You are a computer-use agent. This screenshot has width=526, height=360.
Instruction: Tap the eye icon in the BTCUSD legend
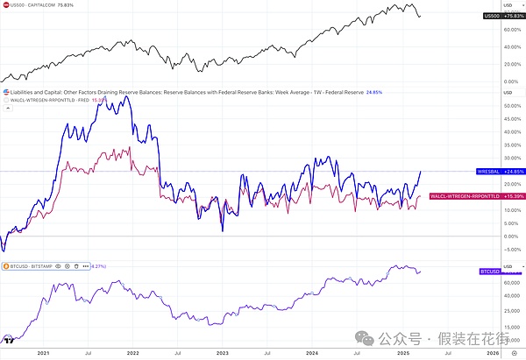[58, 265]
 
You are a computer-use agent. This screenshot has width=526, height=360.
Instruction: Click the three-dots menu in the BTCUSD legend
[87, 265]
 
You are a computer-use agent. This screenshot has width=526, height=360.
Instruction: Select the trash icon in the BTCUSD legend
[77, 265]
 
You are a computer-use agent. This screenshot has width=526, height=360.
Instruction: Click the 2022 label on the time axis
[133, 351]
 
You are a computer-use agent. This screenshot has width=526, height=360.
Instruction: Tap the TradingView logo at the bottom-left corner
[10, 339]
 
